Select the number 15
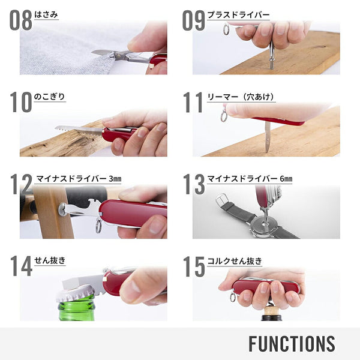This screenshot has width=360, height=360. [x=193, y=266]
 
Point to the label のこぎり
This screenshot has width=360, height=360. [x=50, y=96]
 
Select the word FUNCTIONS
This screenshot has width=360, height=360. [x=292, y=344]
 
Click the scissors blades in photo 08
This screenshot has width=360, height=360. [x=105, y=54]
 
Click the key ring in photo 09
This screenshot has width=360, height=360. [x=226, y=29]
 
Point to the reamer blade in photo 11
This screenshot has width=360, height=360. [x=267, y=135]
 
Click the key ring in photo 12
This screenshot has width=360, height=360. [x=98, y=227]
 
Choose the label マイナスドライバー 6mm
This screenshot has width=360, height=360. [x=250, y=178]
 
